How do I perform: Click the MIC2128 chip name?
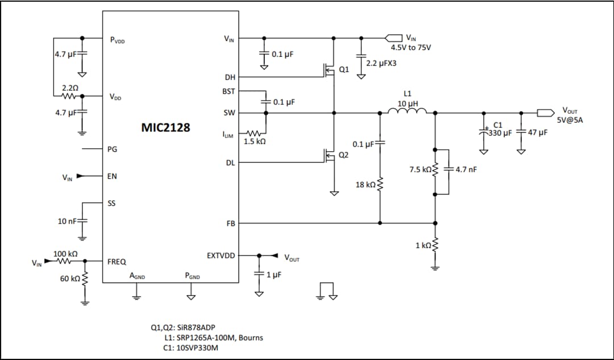click(x=165, y=127)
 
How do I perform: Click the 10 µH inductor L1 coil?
click(x=407, y=111)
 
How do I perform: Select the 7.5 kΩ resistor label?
click(x=420, y=169)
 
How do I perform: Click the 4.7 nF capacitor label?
click(x=466, y=169)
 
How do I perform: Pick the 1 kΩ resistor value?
click(x=424, y=245)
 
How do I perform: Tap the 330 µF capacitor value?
click(x=501, y=133)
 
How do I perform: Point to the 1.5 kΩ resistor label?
click(x=254, y=142)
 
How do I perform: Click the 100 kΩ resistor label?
click(x=65, y=253)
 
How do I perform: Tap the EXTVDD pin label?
click(x=222, y=255)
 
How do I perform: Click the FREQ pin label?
click(x=117, y=262)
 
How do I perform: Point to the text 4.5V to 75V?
click(x=410, y=47)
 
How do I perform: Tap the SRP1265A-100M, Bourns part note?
click(x=213, y=338)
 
